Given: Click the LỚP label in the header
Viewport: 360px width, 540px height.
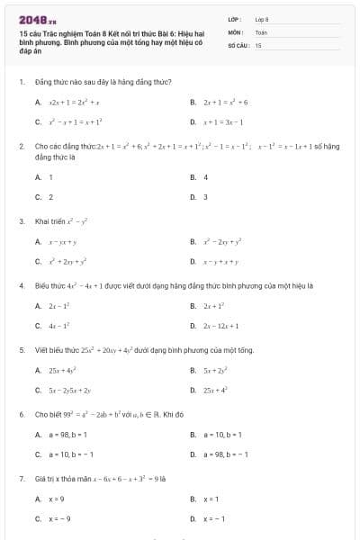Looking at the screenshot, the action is coord(234,19).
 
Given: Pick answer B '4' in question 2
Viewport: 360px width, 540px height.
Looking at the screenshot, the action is coord(206,177).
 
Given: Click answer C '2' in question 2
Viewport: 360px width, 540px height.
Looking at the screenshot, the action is coord(50,196).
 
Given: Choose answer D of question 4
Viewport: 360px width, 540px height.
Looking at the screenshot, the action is coord(220,326).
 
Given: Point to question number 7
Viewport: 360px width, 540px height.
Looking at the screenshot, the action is coord(21,479).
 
